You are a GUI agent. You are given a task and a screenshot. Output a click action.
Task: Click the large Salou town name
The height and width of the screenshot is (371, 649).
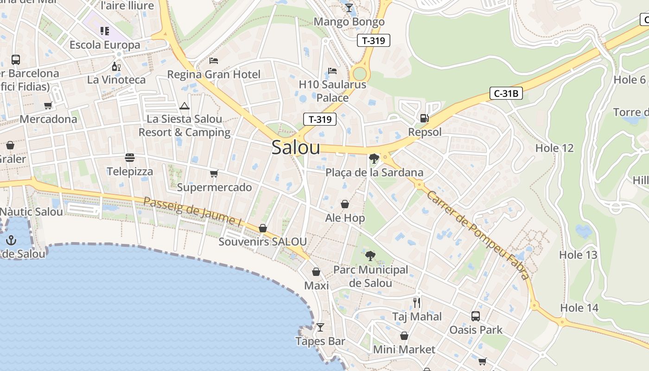[x=296, y=147]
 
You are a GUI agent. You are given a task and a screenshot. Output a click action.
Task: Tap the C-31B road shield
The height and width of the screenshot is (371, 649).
[x=506, y=94]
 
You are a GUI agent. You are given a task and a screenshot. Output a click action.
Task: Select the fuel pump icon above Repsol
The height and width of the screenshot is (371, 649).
[x=424, y=118]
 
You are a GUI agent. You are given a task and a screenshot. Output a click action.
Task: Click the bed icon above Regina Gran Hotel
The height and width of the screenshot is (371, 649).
[x=214, y=61]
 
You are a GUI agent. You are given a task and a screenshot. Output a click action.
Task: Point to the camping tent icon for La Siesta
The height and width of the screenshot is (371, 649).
[x=185, y=106]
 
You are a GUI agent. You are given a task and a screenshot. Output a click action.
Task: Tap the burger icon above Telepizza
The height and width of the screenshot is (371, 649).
[x=130, y=158]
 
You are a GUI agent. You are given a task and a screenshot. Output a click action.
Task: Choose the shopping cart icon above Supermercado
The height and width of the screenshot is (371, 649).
[x=214, y=174]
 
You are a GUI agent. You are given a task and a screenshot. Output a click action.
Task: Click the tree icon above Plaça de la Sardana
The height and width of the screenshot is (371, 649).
[x=374, y=159]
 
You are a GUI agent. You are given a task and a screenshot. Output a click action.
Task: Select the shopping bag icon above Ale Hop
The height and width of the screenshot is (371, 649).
[x=345, y=204]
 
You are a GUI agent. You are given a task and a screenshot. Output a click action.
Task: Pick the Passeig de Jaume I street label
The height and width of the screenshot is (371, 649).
[x=192, y=212]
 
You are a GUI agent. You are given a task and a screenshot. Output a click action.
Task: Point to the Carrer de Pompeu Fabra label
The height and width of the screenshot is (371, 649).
[x=478, y=236]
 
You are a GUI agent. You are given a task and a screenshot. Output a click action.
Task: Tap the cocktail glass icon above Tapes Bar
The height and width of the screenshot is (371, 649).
[x=320, y=327]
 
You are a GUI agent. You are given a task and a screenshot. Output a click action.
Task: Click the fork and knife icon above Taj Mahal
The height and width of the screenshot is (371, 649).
[x=417, y=303]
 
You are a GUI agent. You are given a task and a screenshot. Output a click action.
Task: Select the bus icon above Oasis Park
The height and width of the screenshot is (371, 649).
[x=476, y=316]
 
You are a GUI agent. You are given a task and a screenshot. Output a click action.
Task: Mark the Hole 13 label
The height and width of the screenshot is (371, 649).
[x=578, y=255]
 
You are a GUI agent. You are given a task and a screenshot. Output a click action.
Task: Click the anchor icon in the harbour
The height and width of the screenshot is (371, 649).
[x=11, y=240]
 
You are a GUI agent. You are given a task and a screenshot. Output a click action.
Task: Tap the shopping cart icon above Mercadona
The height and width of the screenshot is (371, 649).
[x=48, y=106]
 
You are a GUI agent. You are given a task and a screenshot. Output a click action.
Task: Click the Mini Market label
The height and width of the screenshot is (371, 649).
[x=404, y=349]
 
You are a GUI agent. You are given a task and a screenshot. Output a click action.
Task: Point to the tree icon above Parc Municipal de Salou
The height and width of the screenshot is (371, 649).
[x=370, y=256]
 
